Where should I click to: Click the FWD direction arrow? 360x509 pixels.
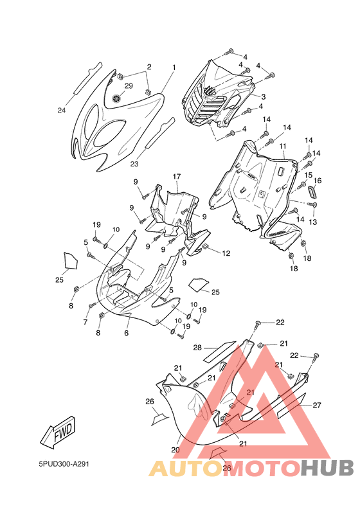pyautogui.click(x=58, y=432)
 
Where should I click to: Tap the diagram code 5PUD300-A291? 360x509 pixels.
pyautogui.click(x=64, y=464)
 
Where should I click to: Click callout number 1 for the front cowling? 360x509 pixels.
pyautogui.click(x=174, y=67)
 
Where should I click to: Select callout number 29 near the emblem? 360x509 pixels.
pyautogui.click(x=129, y=85)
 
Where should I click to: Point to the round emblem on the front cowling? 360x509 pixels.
pyautogui.click(x=116, y=98)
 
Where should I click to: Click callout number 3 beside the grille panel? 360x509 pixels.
pyautogui.click(x=264, y=96)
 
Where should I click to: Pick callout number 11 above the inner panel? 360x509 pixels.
pyautogui.click(x=283, y=147)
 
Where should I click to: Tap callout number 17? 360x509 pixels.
pyautogui.click(x=177, y=177)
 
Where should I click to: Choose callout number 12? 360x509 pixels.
pyautogui.click(x=226, y=253)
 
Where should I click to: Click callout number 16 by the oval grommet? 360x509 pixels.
pyautogui.click(x=318, y=181)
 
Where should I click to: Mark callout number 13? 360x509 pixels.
pyautogui.click(x=313, y=222)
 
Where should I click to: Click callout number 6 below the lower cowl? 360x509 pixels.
pyautogui.click(x=126, y=333)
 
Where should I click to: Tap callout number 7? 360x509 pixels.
pyautogui.click(x=85, y=322)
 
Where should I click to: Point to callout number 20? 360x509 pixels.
pyautogui.click(x=175, y=450)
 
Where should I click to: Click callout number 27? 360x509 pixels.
pyautogui.click(x=317, y=405)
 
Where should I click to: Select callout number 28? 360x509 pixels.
pyautogui.click(x=197, y=348)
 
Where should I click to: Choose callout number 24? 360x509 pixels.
pyautogui.click(x=62, y=111)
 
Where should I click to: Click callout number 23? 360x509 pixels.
pyautogui.click(x=134, y=164)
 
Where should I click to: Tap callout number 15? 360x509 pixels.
pyautogui.click(x=308, y=175)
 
